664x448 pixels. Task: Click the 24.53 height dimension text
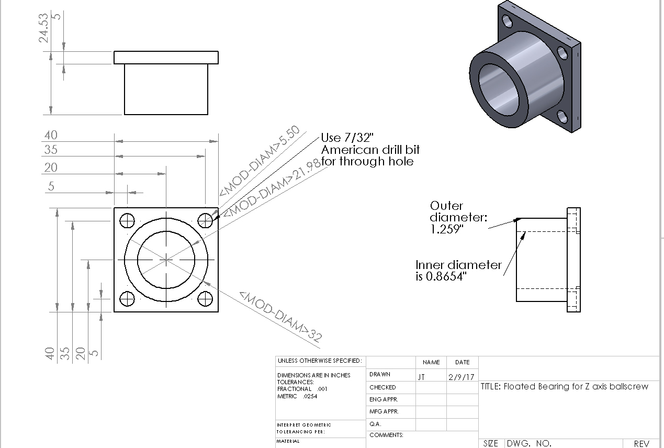pyautogui.click(x=43, y=28)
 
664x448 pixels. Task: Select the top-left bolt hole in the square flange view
pyautogui.click(x=127, y=220)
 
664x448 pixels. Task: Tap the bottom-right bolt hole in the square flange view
pyautogui.click(x=205, y=298)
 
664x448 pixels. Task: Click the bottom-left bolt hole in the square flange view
pyautogui.click(x=127, y=298)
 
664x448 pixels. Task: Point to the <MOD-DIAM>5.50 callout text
pyautogui.click(x=260, y=161)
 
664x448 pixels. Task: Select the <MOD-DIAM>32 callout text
pyautogui.click(x=280, y=316)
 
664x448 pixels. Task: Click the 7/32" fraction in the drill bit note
pyautogui.click(x=358, y=138)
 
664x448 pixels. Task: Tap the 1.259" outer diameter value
pyautogui.click(x=447, y=229)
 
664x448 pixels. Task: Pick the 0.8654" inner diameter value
pyautogui.click(x=446, y=277)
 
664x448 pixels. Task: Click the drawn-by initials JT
pyautogui.click(x=421, y=377)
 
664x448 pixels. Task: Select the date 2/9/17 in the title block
pyautogui.click(x=462, y=377)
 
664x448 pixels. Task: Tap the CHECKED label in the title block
pyautogui.click(x=382, y=387)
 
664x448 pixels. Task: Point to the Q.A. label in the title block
pyautogui.click(x=375, y=424)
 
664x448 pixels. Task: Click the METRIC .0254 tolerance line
pyautogui.click(x=297, y=396)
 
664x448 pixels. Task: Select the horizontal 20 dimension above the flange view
pyautogui.click(x=51, y=168)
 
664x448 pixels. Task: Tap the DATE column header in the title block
pyautogui.click(x=463, y=362)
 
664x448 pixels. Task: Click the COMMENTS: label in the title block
pyautogui.click(x=386, y=435)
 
